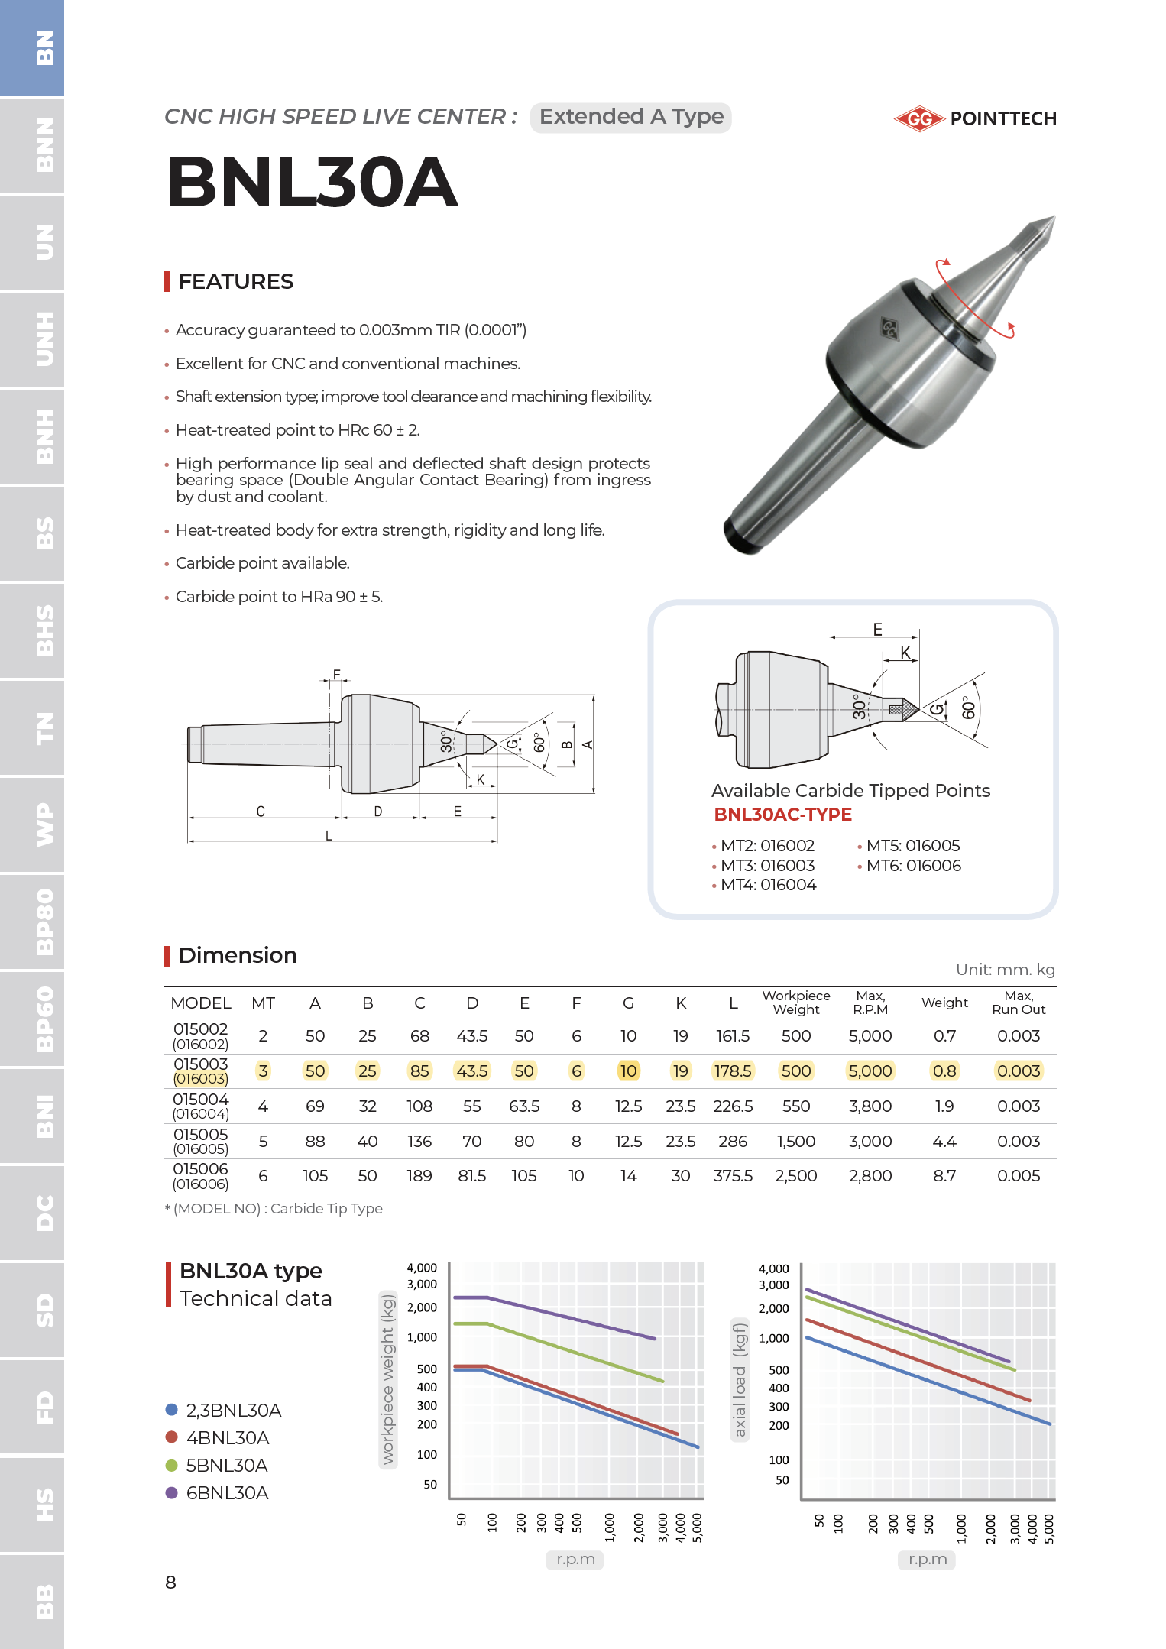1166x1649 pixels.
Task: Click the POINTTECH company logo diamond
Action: coord(919,118)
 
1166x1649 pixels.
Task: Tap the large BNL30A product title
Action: coord(313,183)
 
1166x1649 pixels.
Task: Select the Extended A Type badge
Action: coord(630,117)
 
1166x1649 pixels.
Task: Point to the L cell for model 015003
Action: coord(732,1071)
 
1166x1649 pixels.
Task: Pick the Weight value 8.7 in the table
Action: coord(944,1176)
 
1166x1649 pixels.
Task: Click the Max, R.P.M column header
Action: coord(870,1003)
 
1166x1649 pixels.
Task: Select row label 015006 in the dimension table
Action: coord(200,1169)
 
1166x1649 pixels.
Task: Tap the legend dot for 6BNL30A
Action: coord(172,1492)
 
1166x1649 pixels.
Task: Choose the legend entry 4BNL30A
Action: coord(227,1438)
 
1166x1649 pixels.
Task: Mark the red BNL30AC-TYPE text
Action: coord(782,815)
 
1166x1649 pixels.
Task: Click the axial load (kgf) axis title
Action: coord(739,1379)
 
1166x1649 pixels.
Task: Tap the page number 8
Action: coord(170,1582)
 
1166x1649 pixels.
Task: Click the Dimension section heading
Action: coord(237,955)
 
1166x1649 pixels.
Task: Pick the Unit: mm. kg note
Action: coord(1005,970)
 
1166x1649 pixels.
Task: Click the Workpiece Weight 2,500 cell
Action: coord(795,1176)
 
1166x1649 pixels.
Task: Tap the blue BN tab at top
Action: coord(32,47)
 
